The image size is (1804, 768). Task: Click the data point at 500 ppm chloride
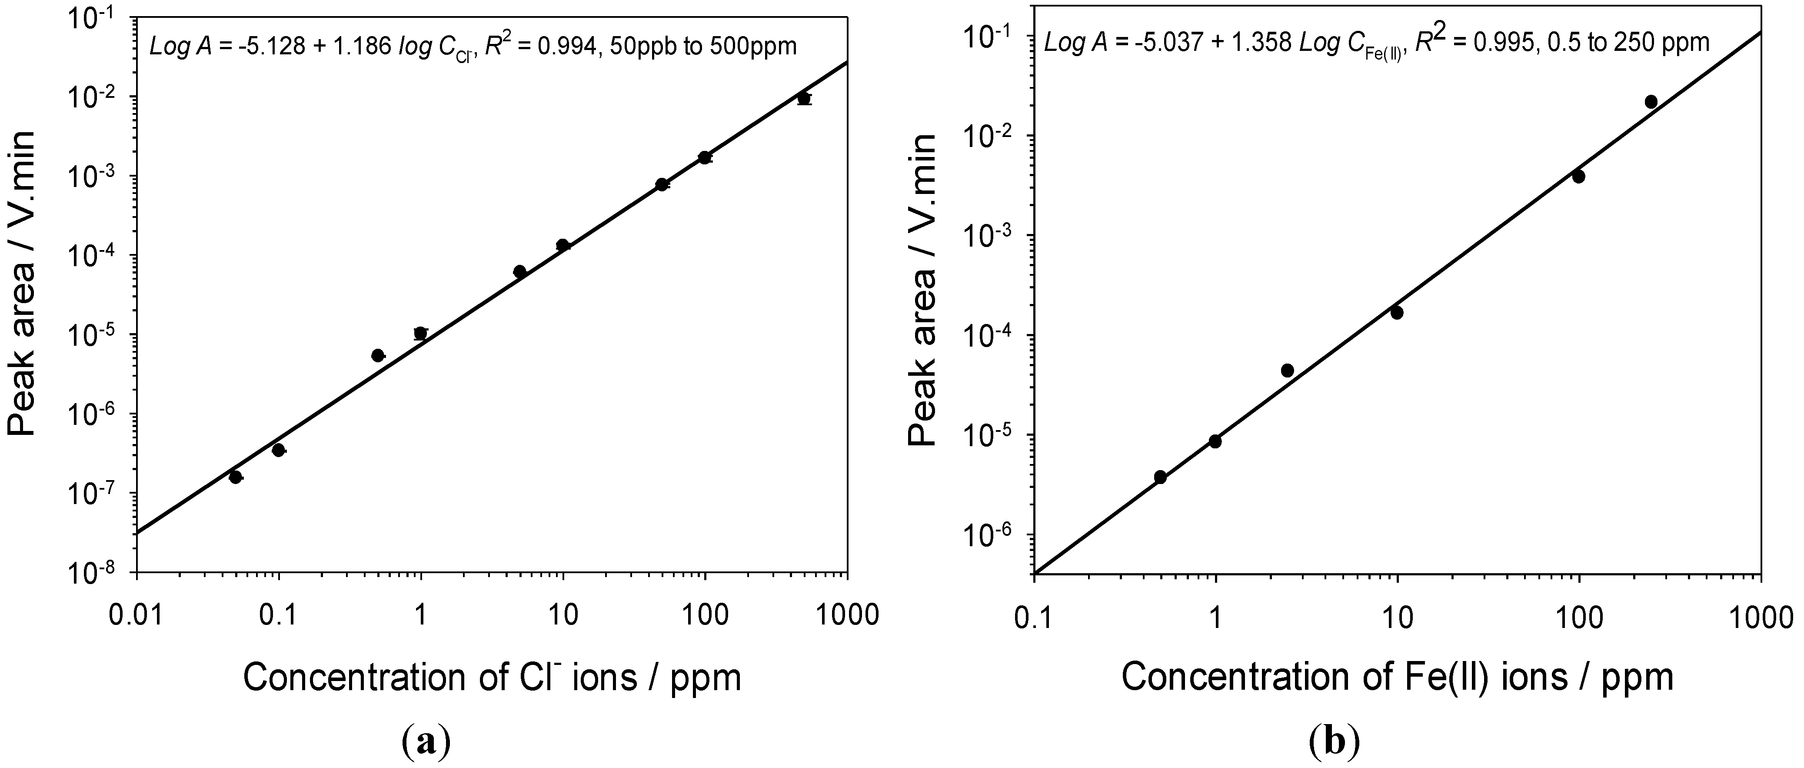[x=804, y=98]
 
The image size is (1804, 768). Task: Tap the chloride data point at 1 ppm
[x=420, y=333]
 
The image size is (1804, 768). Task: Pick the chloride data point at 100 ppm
[x=705, y=157]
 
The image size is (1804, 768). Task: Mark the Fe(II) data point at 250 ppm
[x=1651, y=102]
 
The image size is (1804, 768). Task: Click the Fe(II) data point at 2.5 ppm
[x=1287, y=370]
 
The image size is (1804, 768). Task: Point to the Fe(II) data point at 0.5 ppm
[x=1160, y=477]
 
